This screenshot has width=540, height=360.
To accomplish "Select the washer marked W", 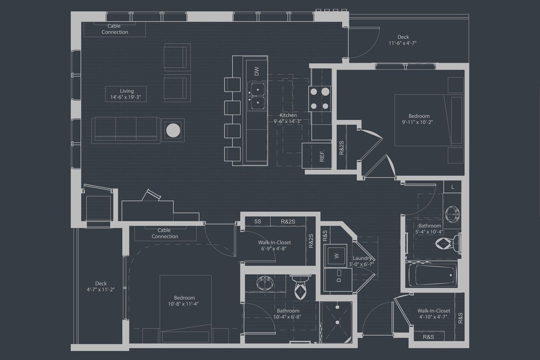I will click(336, 256).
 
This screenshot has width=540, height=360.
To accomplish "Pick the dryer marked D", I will click(338, 280).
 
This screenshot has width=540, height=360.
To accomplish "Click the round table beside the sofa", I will click(173, 130).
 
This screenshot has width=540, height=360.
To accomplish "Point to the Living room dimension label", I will click(126, 94).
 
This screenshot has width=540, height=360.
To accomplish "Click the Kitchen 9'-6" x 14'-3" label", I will click(288, 119).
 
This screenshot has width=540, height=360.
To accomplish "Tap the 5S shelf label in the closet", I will click(258, 221).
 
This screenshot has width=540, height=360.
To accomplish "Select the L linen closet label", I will click(453, 187).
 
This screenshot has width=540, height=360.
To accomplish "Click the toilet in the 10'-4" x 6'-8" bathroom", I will click(301, 288).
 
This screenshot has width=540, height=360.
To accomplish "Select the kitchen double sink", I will click(257, 96).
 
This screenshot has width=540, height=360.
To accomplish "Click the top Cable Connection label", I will click(115, 29).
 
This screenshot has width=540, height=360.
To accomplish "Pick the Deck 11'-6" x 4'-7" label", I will click(403, 40).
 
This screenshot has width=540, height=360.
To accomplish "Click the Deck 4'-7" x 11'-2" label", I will click(101, 286).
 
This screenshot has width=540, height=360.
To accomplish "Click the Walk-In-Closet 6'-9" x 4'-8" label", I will click(274, 245).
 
